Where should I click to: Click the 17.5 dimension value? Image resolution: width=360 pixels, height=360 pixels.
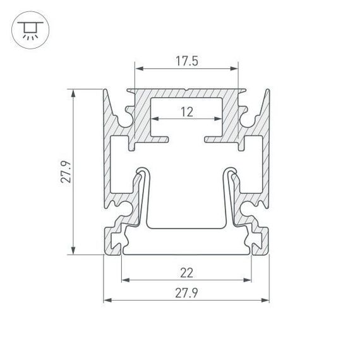tap(186, 61)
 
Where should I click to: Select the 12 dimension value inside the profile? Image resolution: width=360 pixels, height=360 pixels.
tap(186, 112)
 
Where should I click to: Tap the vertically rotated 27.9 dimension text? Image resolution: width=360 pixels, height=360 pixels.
tap(66, 172)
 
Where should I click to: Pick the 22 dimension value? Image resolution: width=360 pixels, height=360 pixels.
tap(186, 273)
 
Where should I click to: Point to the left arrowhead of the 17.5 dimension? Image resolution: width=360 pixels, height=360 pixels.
tap(137, 68)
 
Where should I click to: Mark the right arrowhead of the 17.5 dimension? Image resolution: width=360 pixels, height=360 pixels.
tap(236, 68)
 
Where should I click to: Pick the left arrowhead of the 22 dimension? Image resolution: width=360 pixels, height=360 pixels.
tap(124, 279)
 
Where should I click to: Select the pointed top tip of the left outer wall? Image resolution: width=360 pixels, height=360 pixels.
tap(105, 90)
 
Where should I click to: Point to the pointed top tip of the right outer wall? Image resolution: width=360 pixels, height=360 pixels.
tap(268, 90)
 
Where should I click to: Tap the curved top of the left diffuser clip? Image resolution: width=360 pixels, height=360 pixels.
tap(142, 169)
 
